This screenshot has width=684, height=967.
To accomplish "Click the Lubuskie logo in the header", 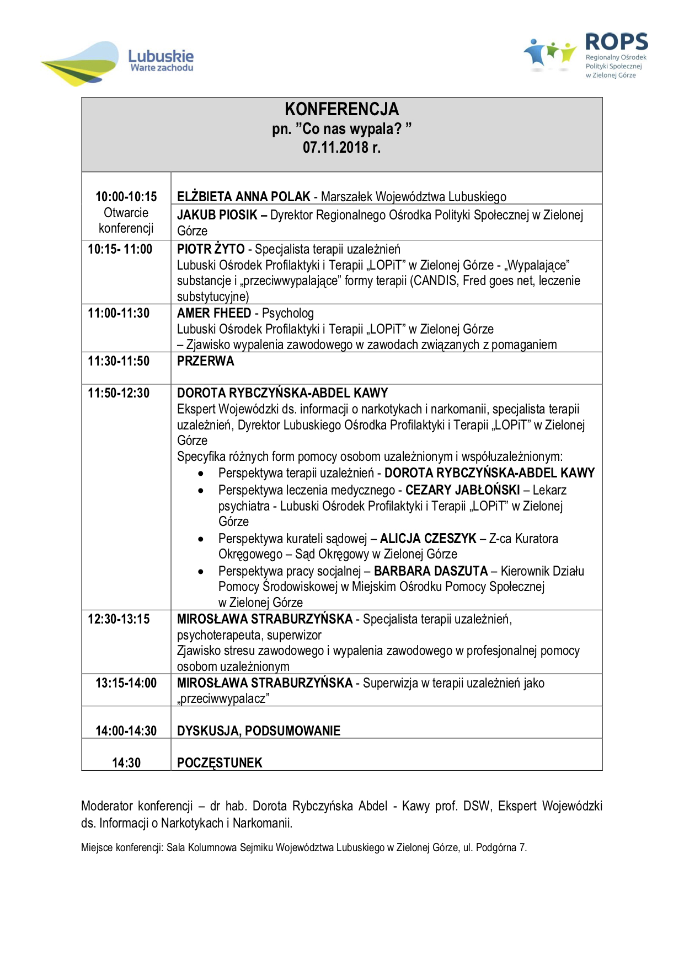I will coord(117,62).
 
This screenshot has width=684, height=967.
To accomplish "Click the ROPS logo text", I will coord(616,42).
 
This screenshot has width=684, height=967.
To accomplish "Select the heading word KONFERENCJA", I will coord(341,109).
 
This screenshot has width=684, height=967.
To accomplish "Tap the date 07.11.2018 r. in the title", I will coord(341,147).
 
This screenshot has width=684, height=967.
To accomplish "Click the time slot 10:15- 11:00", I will coord(120,249).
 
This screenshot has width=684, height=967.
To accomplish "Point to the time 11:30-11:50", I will coord(119,361).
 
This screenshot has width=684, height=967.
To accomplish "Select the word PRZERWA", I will coord(206,361).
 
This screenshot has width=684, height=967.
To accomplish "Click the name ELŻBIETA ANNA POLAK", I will coord(243,197).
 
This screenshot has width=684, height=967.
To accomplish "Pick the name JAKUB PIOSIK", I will coord(217,215).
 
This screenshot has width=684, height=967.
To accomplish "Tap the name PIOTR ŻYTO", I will coord(210,249).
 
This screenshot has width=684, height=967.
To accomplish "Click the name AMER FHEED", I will coord(214,313).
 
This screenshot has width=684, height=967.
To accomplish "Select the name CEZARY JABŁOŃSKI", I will coord(462,490).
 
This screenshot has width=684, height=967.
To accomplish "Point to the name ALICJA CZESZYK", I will coord(428,539).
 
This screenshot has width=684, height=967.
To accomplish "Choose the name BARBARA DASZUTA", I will coord(431,571).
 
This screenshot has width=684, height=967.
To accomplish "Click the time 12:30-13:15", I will coord(119,619).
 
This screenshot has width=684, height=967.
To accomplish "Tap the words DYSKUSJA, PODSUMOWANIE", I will coord(259,731).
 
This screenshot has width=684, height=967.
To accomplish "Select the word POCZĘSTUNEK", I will coord(220,763).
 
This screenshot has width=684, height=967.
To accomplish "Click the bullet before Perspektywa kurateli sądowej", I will coord(201,539).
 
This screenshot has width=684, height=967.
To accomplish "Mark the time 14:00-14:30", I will coord(126,731).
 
